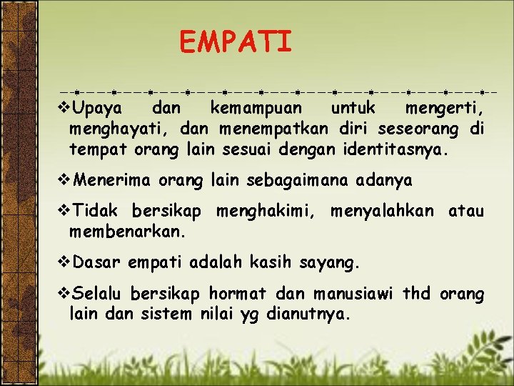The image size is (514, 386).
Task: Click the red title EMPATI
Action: click(236, 41)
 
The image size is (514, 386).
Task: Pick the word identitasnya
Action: click(397, 151)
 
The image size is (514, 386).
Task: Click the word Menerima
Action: click(111, 181)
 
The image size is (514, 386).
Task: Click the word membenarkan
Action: click(127, 232)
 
